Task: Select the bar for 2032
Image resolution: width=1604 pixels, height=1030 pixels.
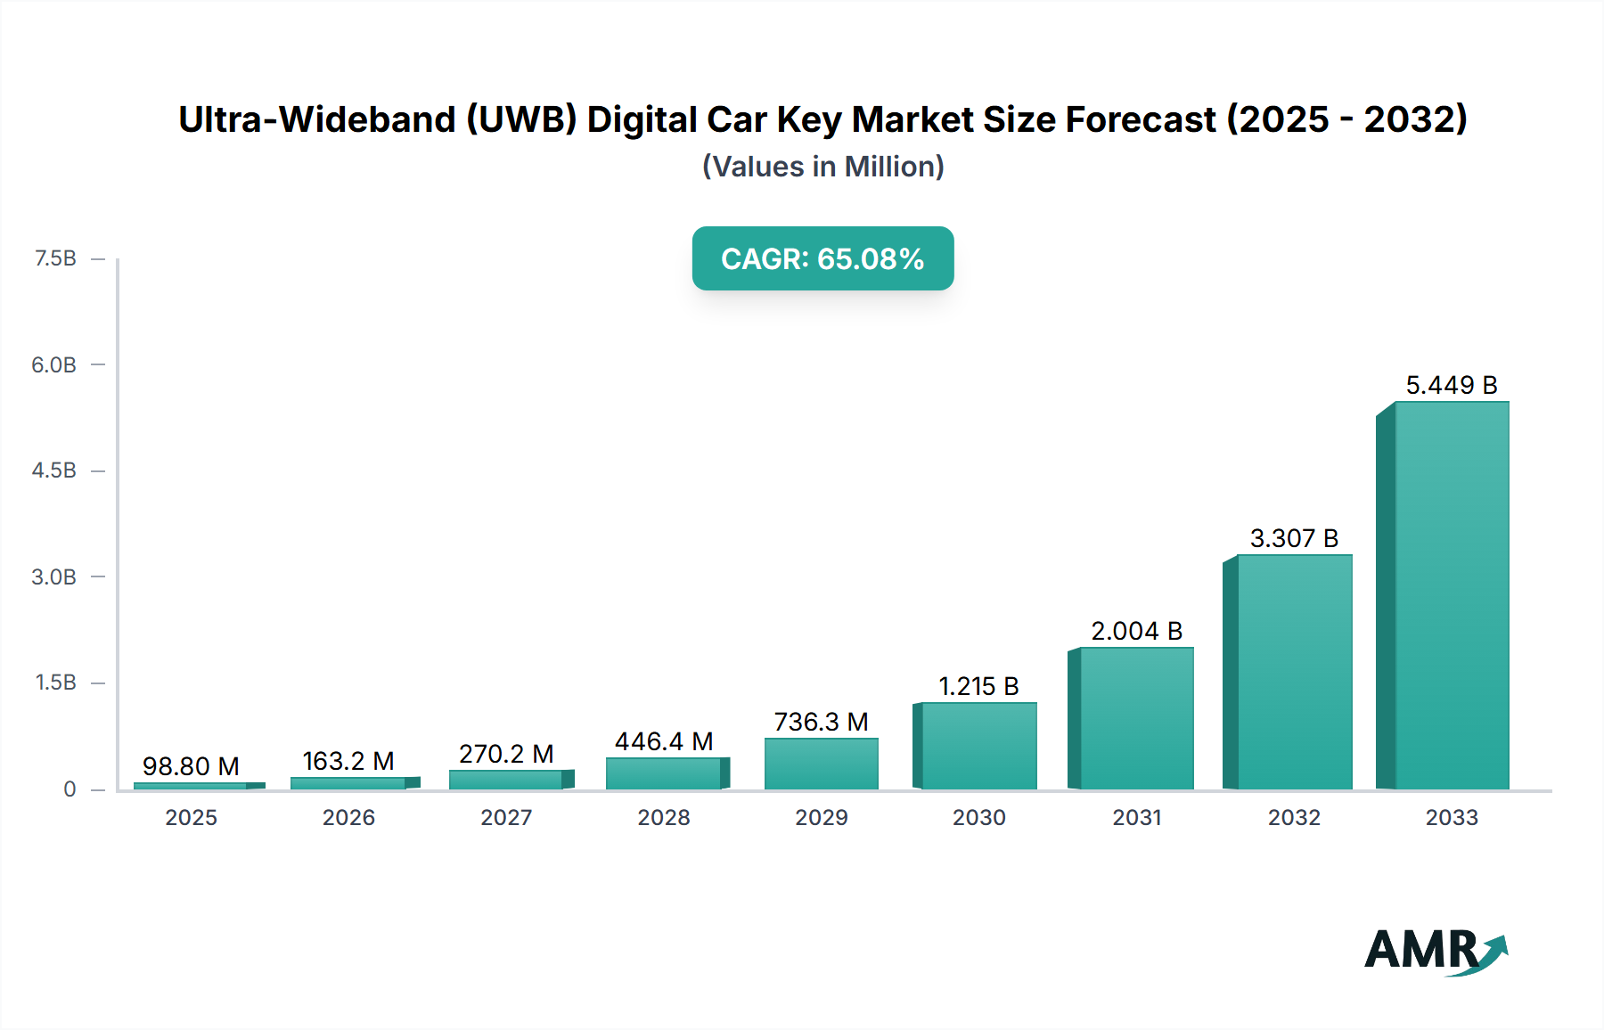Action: (1294, 672)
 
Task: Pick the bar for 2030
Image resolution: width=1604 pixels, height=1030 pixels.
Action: (978, 746)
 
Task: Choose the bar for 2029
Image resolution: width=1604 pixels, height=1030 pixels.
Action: (821, 764)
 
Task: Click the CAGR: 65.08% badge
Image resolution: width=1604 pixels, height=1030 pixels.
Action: (822, 258)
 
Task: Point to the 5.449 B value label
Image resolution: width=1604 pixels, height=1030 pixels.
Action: (1451, 385)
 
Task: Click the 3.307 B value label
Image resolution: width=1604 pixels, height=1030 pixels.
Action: (1294, 538)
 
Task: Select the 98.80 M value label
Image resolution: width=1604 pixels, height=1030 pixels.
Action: (191, 766)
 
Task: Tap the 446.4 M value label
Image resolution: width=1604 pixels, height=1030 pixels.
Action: (664, 741)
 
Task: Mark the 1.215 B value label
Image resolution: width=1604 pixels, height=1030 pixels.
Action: (978, 686)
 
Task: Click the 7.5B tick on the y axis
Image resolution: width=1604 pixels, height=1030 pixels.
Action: (55, 258)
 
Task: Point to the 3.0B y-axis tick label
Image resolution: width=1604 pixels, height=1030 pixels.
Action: (53, 576)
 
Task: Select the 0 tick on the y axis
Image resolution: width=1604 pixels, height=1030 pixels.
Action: (70, 789)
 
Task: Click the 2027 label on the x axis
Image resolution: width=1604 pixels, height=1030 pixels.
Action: (506, 817)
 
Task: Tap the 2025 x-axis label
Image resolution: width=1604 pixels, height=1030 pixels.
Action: (191, 817)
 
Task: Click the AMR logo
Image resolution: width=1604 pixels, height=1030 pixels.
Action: (1435, 951)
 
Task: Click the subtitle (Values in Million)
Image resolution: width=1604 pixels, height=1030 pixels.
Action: (822, 167)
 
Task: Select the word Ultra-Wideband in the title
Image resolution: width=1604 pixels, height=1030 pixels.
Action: (317, 119)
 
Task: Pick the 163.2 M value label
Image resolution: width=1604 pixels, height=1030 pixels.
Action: (348, 761)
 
